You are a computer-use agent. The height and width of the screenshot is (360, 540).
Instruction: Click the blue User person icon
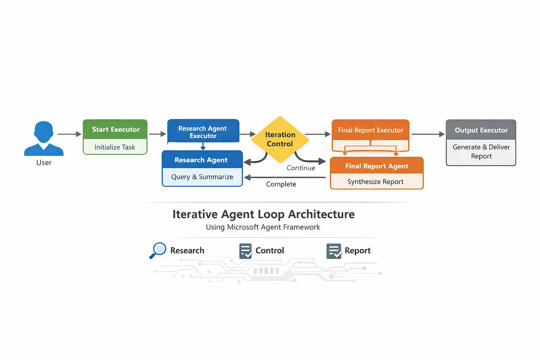point(44,138)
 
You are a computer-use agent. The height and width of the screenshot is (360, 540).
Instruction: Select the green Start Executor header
point(115,129)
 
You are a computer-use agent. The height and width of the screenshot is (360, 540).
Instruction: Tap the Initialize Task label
point(115,147)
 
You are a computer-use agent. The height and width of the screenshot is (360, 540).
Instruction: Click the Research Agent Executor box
point(203,131)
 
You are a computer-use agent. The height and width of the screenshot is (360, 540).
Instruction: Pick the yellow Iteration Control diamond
point(280,139)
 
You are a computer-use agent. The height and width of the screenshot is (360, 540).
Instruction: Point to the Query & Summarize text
point(202,177)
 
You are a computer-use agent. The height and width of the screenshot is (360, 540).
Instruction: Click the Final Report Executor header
point(371,130)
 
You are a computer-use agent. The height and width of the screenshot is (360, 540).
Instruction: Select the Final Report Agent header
point(377,165)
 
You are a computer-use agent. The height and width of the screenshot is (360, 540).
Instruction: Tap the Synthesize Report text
point(375,181)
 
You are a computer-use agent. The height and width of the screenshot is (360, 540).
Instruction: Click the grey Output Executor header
point(481,130)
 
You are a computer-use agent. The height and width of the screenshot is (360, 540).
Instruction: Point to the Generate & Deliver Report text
point(481,152)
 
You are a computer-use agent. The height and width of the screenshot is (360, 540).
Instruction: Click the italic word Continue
point(301,168)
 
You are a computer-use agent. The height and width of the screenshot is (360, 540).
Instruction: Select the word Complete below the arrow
point(281,184)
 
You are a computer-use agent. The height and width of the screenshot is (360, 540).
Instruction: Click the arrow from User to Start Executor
point(70,134)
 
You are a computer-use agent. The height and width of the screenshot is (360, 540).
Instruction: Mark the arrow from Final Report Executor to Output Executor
point(428,134)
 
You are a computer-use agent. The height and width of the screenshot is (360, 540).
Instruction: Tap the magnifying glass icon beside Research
point(158,250)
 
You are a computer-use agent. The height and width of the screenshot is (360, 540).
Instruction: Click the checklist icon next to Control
point(246,251)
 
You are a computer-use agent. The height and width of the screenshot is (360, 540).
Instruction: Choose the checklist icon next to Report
point(334,251)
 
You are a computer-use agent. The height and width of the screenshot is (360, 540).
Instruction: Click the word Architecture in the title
point(321,214)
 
